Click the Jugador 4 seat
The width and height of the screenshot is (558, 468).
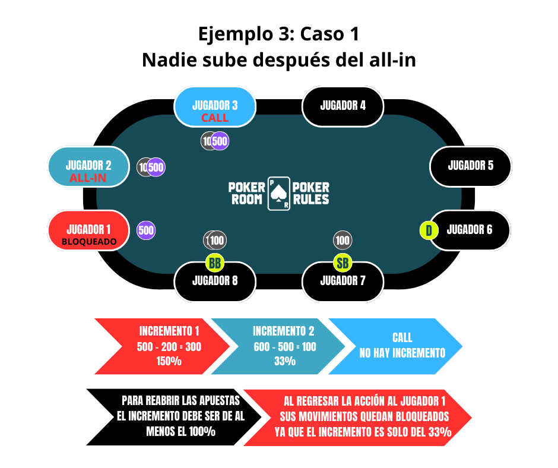(x=343, y=106)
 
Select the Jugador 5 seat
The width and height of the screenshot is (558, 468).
(x=470, y=166)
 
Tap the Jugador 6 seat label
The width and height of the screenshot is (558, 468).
(x=470, y=229)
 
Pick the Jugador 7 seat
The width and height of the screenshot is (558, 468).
(x=343, y=281)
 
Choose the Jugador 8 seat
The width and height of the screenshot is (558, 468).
(x=215, y=281)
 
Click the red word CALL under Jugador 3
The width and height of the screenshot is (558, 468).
(x=215, y=118)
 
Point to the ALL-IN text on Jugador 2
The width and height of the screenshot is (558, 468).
(x=88, y=178)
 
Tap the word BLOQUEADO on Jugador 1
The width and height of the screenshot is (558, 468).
(x=89, y=242)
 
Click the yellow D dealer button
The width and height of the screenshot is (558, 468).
(x=429, y=230)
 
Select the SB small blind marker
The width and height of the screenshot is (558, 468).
(x=343, y=262)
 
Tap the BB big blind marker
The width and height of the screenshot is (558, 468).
(x=215, y=262)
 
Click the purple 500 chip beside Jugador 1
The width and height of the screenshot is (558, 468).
(x=146, y=230)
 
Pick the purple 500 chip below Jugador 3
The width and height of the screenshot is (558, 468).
(x=220, y=141)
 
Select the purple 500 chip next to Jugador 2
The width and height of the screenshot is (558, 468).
(x=156, y=167)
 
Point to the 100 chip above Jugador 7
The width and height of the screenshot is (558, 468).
(x=343, y=240)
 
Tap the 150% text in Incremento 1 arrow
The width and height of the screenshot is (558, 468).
(x=169, y=361)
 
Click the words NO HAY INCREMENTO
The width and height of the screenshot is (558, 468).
(x=402, y=353)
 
